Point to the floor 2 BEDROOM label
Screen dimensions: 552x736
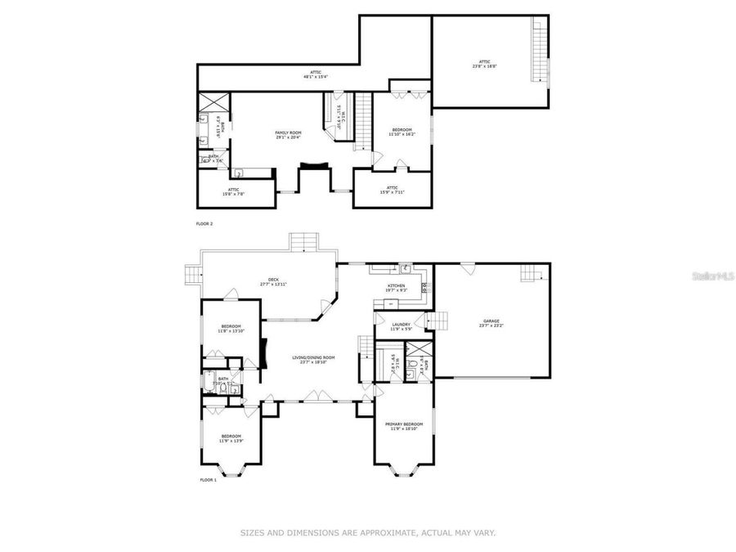(x=402, y=130)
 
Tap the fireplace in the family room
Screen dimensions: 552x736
(x=312, y=166)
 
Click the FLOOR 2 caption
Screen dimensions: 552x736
(x=205, y=223)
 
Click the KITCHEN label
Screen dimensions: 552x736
(x=396, y=285)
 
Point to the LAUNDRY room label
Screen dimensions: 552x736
(x=401, y=325)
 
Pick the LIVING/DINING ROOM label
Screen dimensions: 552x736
(x=314, y=357)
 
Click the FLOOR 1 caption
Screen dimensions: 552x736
(x=208, y=480)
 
